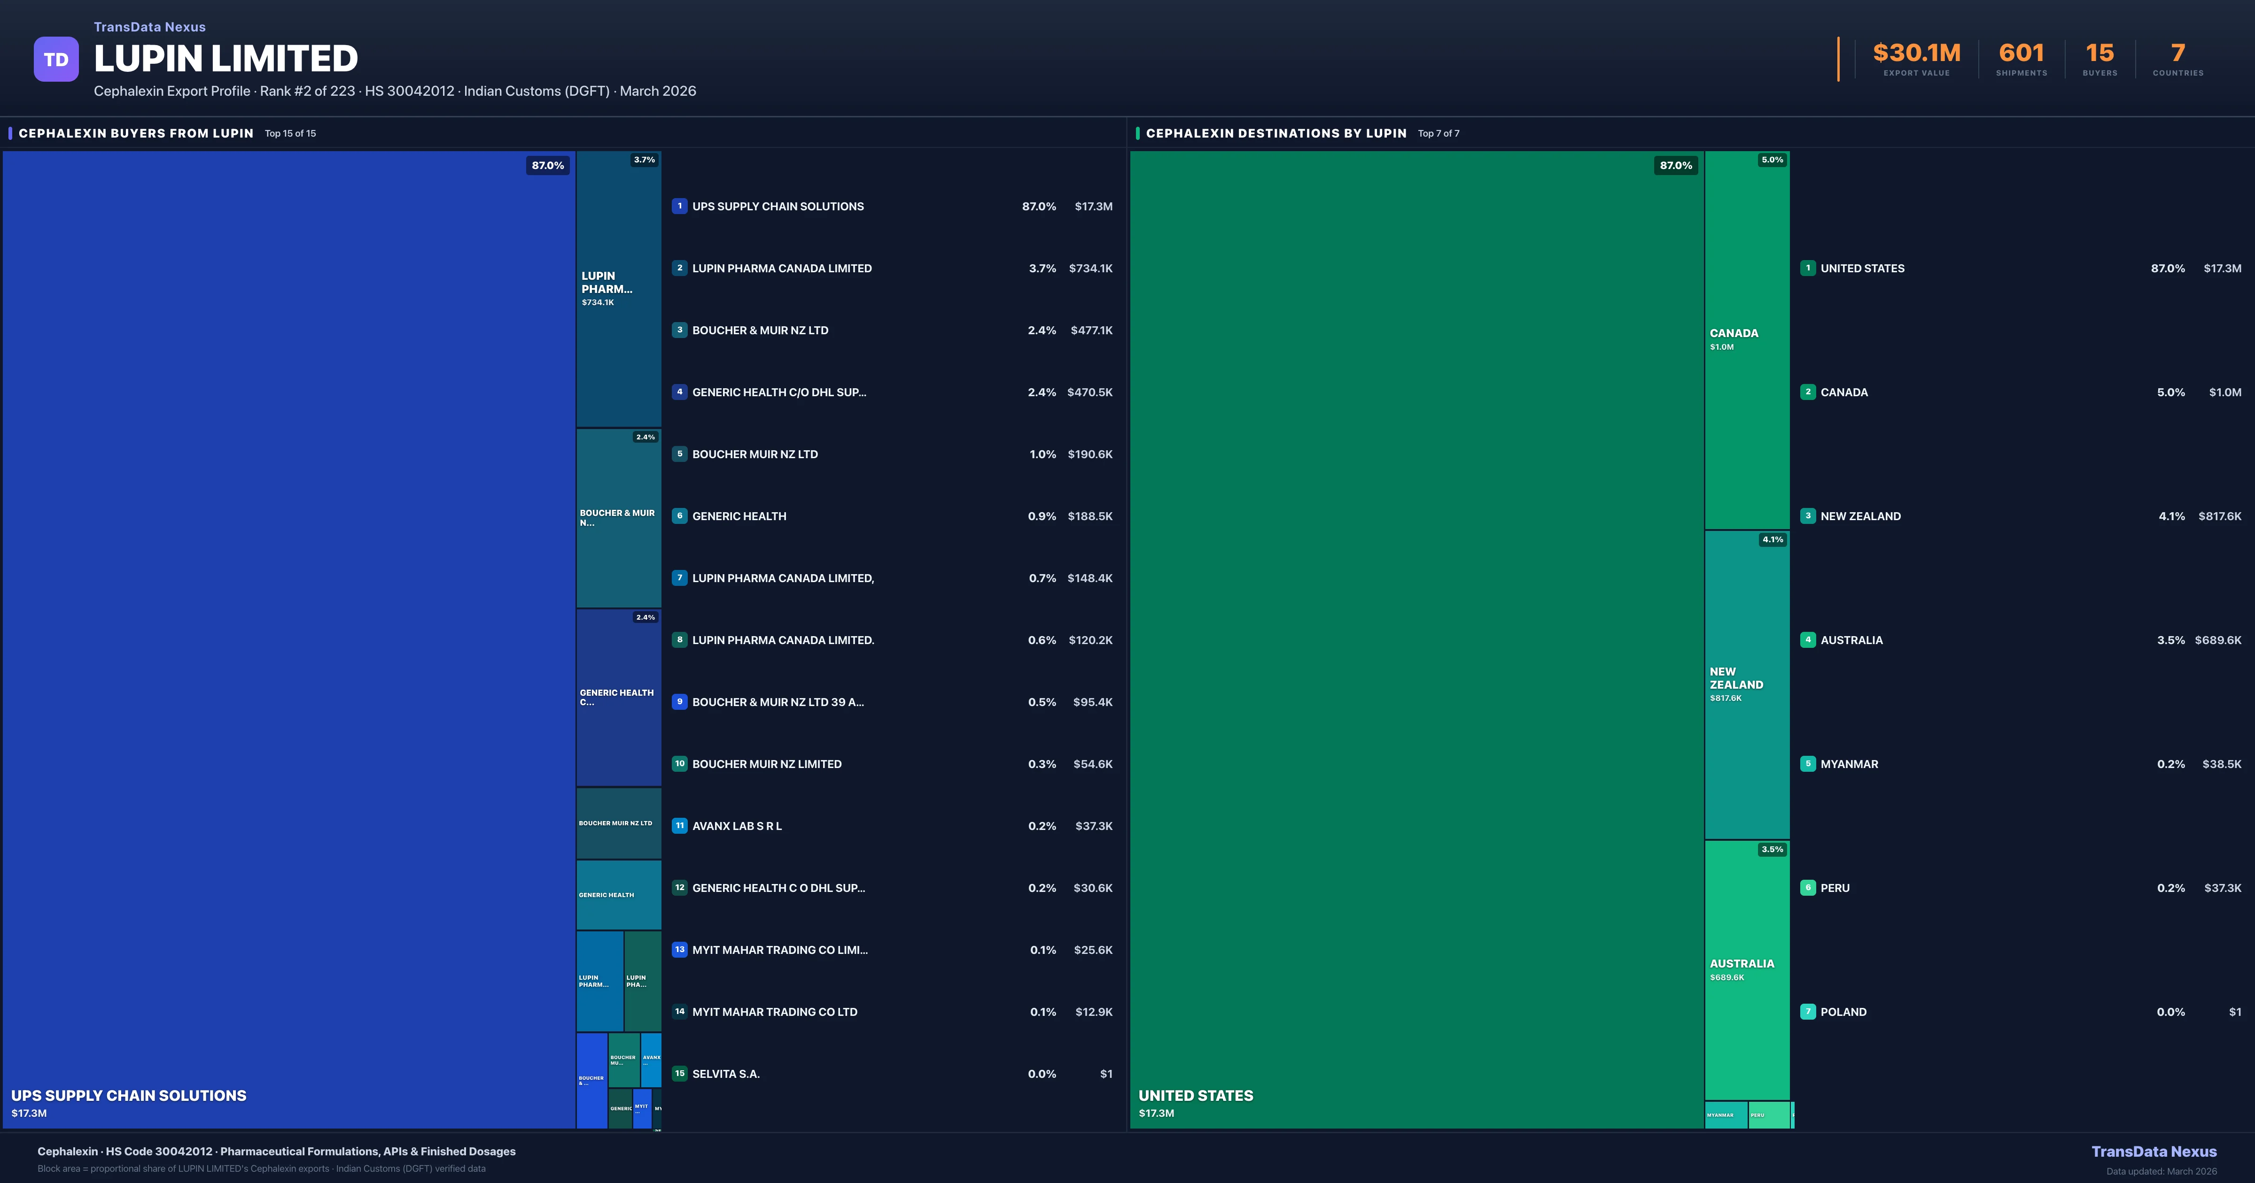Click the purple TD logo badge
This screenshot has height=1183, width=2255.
(x=56, y=60)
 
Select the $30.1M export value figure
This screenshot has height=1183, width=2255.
(x=1916, y=54)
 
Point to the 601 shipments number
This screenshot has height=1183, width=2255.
(x=2021, y=54)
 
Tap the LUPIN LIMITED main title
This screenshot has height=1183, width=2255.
(x=226, y=59)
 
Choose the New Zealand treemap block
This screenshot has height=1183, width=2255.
(x=1746, y=684)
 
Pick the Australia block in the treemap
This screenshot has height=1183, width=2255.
(x=1746, y=969)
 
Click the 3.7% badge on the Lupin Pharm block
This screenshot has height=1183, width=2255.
(x=644, y=160)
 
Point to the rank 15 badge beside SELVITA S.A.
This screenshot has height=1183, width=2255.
(x=679, y=1074)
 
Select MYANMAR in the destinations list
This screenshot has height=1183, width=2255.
(x=1849, y=764)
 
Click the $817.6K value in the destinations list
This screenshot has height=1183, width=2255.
(x=2219, y=516)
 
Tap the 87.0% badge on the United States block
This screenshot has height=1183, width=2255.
(x=1675, y=165)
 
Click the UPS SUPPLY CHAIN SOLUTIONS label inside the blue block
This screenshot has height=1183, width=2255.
(x=129, y=1096)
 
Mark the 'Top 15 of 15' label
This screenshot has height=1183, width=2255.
(x=291, y=134)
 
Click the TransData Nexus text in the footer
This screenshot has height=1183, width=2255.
(x=2154, y=1152)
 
